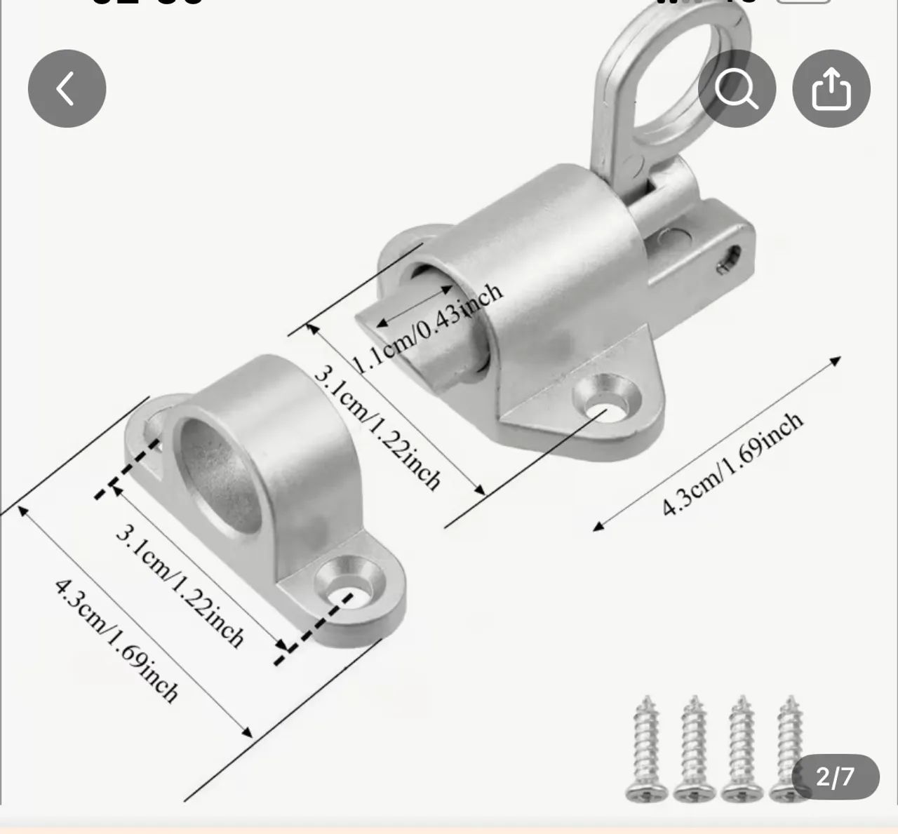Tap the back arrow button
pos(67,88)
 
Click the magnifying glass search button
pos(737,88)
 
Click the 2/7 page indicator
pos(835,776)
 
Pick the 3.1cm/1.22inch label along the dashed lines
pos(180,586)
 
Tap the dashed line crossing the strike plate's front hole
pos(316,621)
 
